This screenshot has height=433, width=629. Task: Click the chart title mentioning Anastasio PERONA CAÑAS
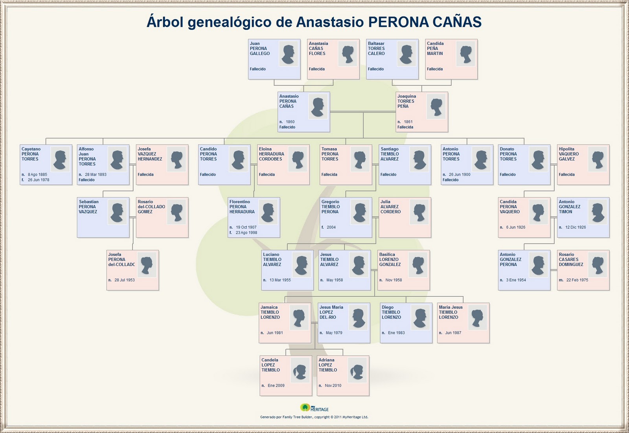pyautogui.click(x=314, y=22)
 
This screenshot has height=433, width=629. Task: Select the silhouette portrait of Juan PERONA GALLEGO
pyautogui.click(x=289, y=54)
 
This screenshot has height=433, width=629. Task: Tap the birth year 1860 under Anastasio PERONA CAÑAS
pyautogui.click(x=290, y=122)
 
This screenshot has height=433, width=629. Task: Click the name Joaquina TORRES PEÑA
pyautogui.click(x=406, y=101)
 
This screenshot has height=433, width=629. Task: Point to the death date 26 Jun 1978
pyautogui.click(x=39, y=180)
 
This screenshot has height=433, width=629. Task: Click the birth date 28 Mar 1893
pyautogui.click(x=96, y=174)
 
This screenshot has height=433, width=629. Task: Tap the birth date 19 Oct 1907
pyautogui.click(x=246, y=227)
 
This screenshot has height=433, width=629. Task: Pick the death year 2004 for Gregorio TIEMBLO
pyautogui.click(x=331, y=227)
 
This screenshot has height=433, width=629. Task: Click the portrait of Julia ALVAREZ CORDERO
pyautogui.click(x=419, y=212)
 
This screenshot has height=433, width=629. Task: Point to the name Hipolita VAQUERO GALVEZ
pyautogui.click(x=568, y=154)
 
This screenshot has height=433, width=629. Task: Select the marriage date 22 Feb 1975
pyautogui.click(x=577, y=280)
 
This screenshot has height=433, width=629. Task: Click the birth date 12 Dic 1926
pyautogui.click(x=576, y=227)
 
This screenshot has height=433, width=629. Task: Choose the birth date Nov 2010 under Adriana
pyautogui.click(x=333, y=385)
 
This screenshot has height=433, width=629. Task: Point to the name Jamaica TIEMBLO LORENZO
pyautogui.click(x=270, y=312)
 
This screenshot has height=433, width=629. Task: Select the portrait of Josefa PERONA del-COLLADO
pyautogui.click(x=147, y=265)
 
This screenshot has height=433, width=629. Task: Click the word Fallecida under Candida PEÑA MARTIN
pyautogui.click(x=435, y=69)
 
